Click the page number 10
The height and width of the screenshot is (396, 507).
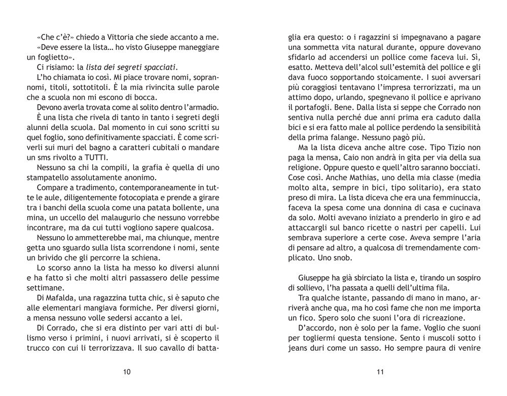(x=127, y=372)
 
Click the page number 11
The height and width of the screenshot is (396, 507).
(x=380, y=372)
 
